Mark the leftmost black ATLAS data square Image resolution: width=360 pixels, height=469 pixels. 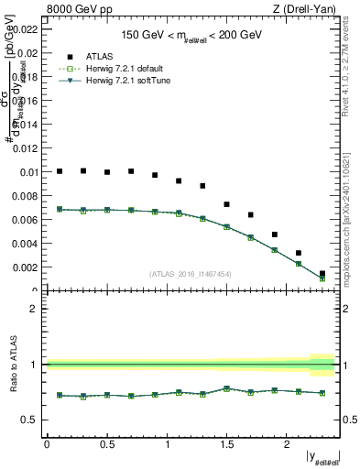pyautogui.click(x=60, y=171)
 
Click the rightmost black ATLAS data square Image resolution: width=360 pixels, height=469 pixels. pyautogui.click(x=322, y=273)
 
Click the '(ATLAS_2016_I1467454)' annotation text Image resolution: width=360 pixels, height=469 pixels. pyautogui.click(x=191, y=274)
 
